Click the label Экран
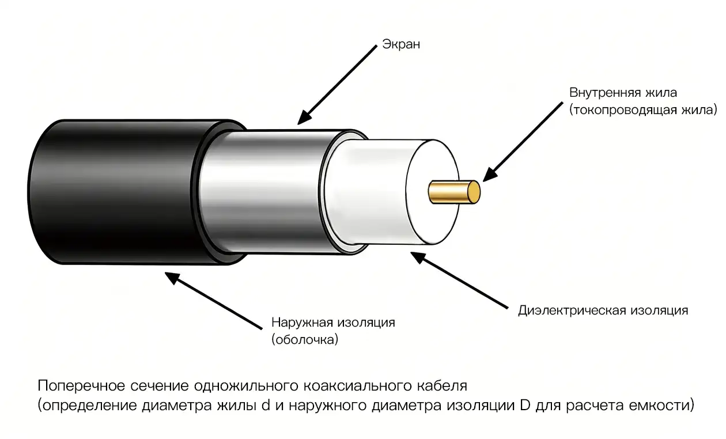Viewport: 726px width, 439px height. pos(401,44)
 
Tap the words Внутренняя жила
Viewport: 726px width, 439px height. pos(623,93)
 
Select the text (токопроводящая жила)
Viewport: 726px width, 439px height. pos(643,110)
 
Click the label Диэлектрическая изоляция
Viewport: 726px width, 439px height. pos(603,311)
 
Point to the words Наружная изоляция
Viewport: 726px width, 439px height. pos(333,323)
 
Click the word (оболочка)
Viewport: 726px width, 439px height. pos(305,339)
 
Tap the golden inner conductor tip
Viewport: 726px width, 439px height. pos(474,192)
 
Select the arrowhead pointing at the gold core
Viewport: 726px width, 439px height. pos(490,175)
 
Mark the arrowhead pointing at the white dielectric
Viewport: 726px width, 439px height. pos(418,258)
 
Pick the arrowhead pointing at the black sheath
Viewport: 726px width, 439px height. pos(172,278)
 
